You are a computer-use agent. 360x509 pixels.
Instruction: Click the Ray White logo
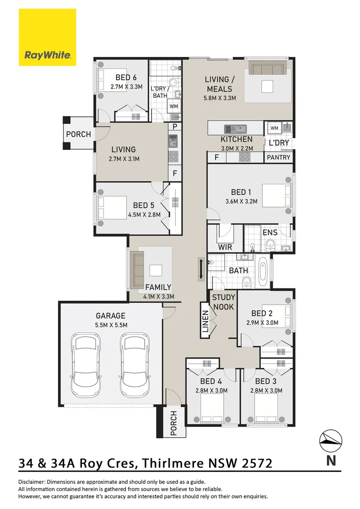[x=47, y=38]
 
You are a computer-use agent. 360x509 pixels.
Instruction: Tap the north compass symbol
[x=331, y=440]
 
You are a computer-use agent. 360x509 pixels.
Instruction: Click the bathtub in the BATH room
[x=263, y=272]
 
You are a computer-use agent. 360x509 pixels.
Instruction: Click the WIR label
[x=225, y=246]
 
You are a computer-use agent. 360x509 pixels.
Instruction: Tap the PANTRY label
[x=279, y=157]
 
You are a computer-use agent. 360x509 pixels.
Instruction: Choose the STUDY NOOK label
[x=223, y=302]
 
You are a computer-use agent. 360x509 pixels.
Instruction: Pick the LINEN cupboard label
[x=205, y=324]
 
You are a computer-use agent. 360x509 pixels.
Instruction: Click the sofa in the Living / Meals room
[x=267, y=69]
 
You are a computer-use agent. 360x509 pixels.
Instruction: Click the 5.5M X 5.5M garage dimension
[x=111, y=325]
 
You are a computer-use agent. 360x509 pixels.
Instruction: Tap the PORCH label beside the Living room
[x=78, y=134]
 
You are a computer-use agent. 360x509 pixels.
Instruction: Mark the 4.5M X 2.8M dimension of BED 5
[x=144, y=214]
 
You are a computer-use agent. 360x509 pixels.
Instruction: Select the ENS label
[x=270, y=232]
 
